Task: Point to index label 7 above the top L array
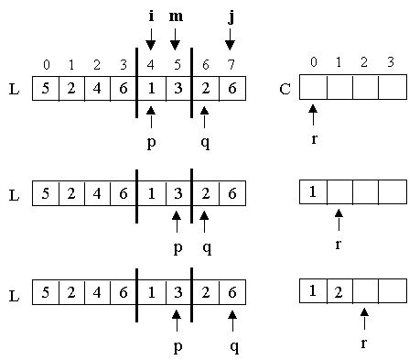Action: coord(231,64)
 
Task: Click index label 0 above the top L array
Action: coord(46,64)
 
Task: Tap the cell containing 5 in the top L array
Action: coord(46,88)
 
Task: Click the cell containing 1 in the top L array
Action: coord(151,88)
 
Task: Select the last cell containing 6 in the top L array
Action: coord(231,88)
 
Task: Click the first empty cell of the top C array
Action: coord(313,88)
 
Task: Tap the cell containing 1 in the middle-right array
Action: coord(313,192)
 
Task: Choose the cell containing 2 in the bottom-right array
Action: coord(339,292)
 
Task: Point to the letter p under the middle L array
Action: coord(176,246)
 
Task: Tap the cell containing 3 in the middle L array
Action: coord(176,192)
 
